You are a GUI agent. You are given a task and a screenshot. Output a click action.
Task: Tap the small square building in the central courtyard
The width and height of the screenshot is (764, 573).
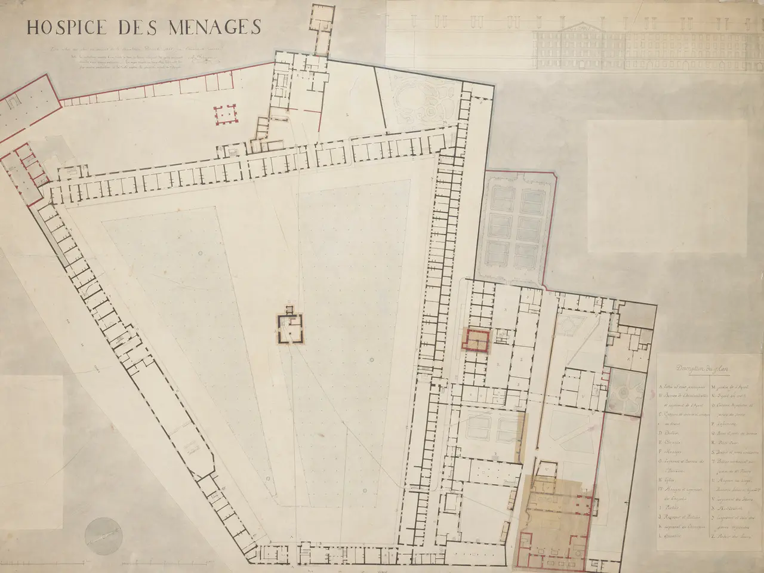pyautogui.click(x=290, y=327)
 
